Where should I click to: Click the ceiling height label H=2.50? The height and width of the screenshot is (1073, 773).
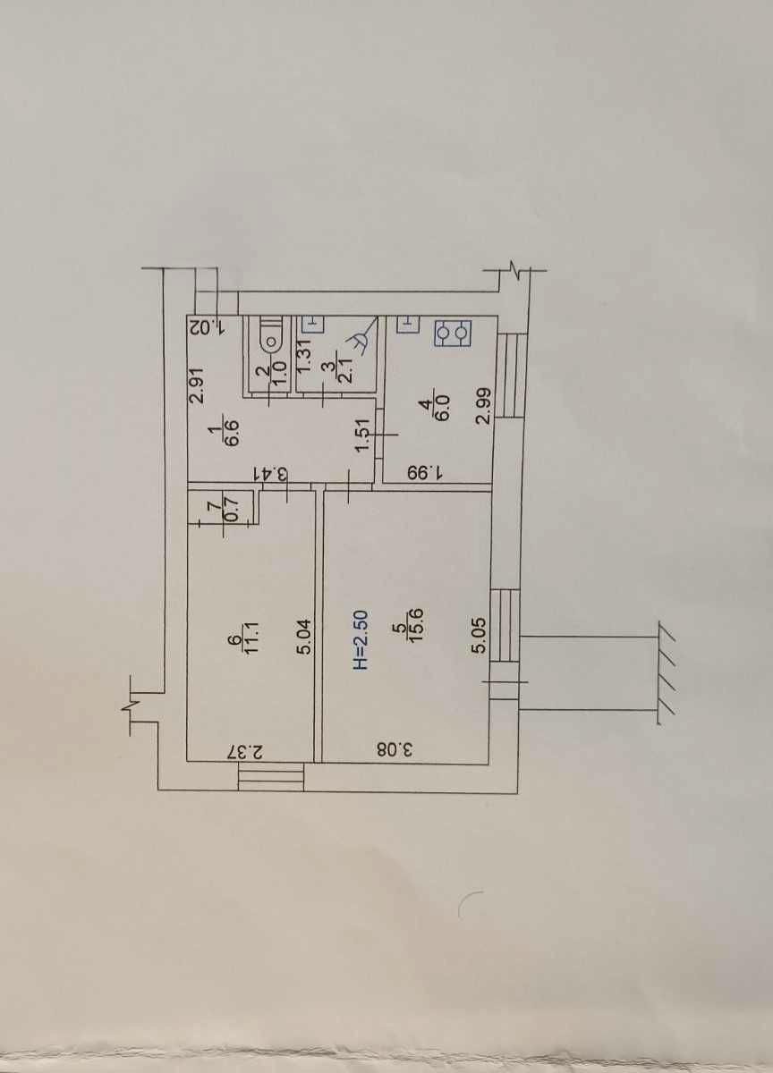(361, 639)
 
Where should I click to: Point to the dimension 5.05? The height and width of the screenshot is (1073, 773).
(480, 636)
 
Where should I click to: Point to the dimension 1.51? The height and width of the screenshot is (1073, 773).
(362, 434)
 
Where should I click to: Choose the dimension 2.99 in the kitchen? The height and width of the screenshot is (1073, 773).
(485, 405)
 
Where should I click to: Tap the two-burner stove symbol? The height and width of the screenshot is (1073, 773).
(453, 334)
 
